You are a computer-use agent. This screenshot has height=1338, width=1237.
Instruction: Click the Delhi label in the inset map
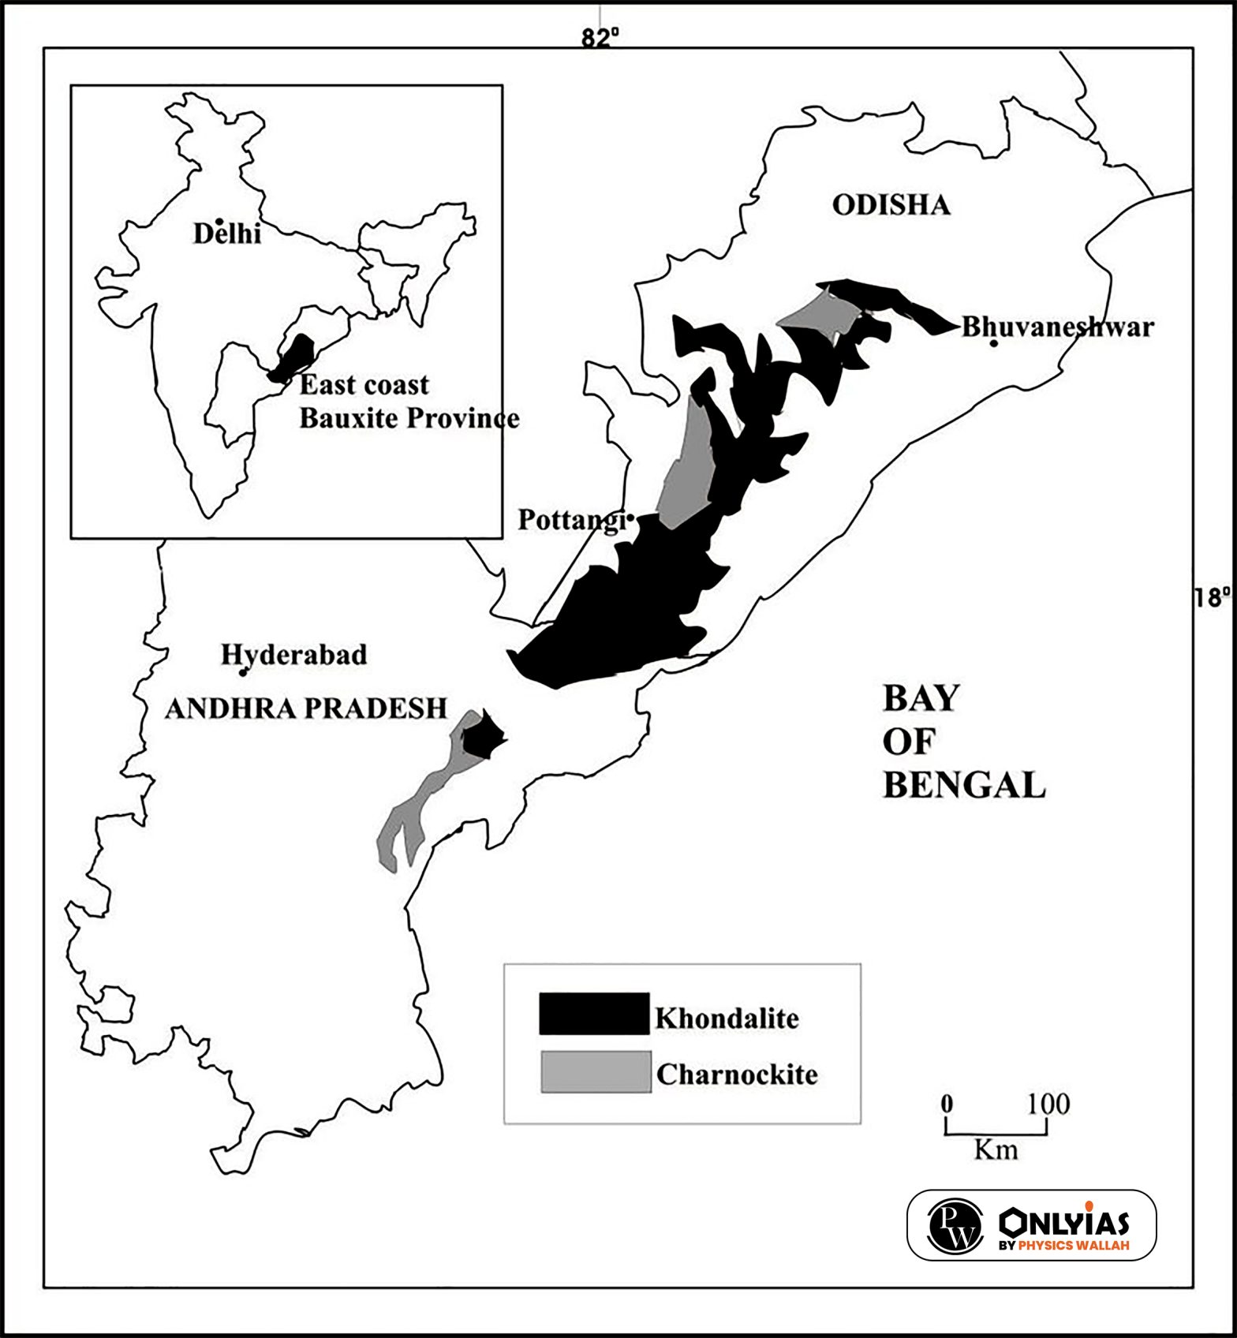(x=227, y=234)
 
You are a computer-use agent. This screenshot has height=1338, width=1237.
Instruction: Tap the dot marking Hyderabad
(x=243, y=672)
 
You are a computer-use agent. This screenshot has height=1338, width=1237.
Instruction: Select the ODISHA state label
(x=891, y=205)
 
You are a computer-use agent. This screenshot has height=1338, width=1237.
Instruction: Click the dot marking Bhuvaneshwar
(x=993, y=342)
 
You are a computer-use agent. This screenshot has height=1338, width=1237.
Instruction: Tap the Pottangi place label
(x=570, y=521)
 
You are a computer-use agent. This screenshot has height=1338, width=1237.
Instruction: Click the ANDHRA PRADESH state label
(x=306, y=708)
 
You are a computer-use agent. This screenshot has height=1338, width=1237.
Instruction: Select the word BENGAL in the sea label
(x=963, y=785)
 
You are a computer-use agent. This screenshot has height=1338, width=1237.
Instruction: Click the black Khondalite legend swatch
(x=593, y=1013)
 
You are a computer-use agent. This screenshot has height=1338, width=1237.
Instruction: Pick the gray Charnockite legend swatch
(x=596, y=1071)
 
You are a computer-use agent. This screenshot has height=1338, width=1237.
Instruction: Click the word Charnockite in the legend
(x=736, y=1075)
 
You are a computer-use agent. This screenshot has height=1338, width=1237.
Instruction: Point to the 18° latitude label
(x=1211, y=597)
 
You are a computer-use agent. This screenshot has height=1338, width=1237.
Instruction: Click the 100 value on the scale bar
(x=1048, y=1104)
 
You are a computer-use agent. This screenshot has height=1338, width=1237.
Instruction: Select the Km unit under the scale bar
(x=996, y=1149)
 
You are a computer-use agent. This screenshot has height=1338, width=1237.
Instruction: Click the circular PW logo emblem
(x=955, y=1225)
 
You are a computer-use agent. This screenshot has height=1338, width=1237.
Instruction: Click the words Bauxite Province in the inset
(x=409, y=417)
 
